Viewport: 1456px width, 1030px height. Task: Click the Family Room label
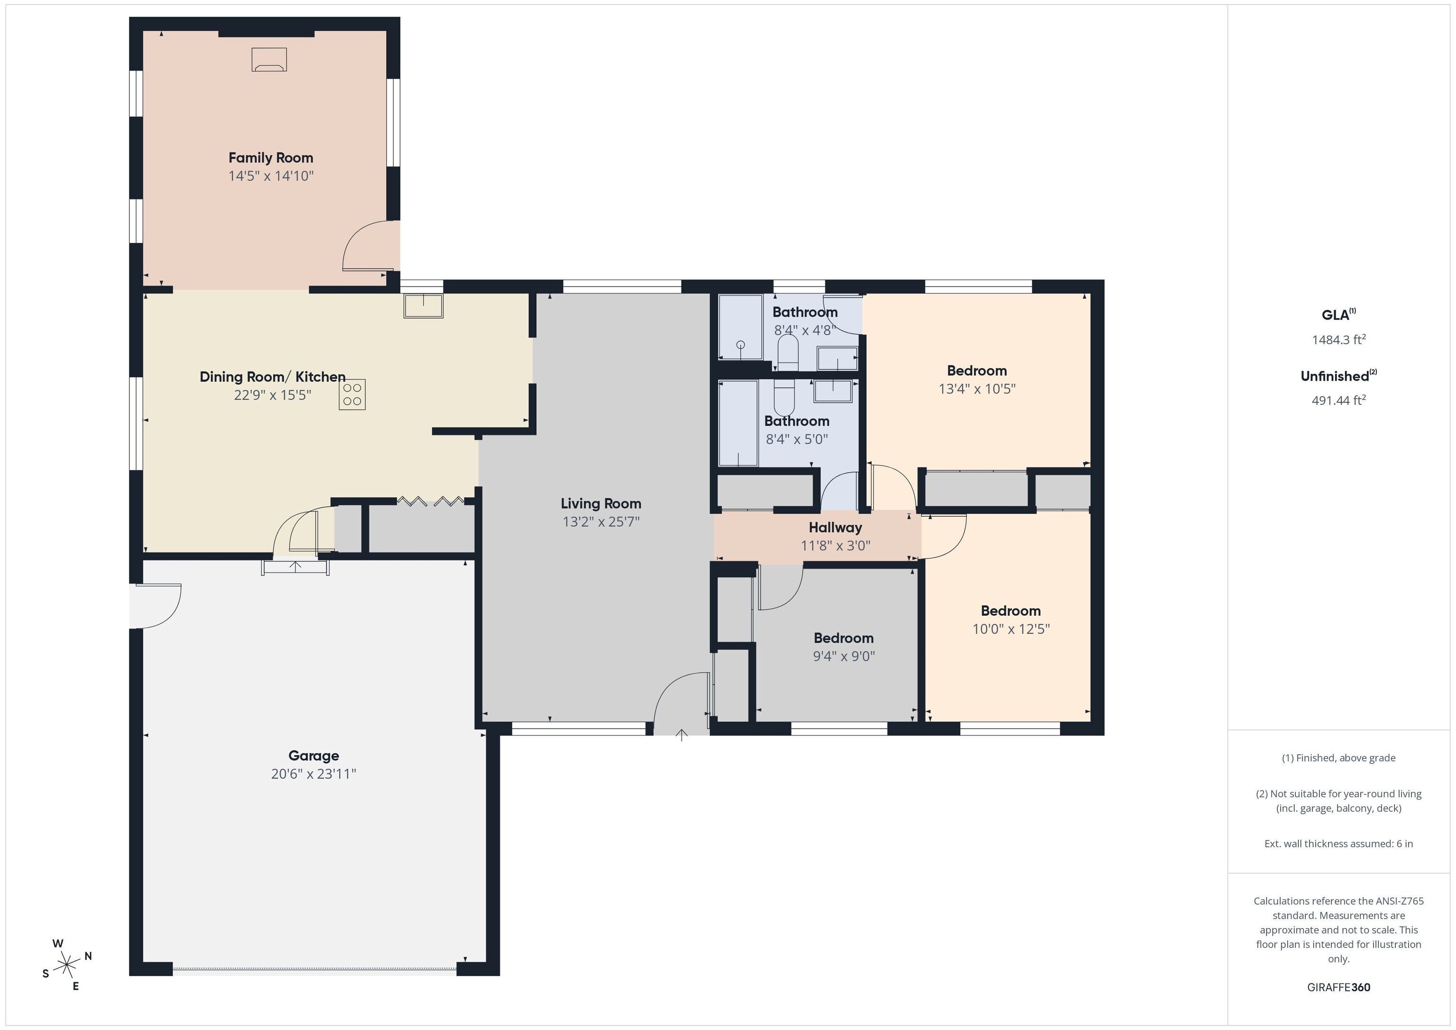tap(271, 158)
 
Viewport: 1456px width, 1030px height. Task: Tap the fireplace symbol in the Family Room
tap(269, 60)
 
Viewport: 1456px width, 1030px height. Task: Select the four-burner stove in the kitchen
tap(352, 394)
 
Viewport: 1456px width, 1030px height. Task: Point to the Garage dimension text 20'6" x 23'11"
tap(314, 774)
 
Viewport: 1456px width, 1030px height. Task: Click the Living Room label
tap(601, 503)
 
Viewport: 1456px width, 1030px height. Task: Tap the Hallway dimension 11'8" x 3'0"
tap(835, 546)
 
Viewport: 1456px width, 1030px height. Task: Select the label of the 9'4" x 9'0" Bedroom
tap(844, 638)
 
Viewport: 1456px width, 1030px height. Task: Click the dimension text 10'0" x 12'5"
tap(1011, 629)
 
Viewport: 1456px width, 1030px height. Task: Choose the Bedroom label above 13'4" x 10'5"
tap(976, 371)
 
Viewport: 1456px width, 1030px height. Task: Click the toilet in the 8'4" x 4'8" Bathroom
tap(788, 353)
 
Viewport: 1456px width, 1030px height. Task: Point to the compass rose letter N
tap(88, 956)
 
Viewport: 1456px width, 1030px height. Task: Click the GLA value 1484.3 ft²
tap(1338, 340)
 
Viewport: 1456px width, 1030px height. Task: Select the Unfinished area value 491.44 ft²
tap(1338, 400)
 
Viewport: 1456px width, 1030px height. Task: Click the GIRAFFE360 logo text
tap(1338, 987)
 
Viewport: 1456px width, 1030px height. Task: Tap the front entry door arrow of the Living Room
tap(682, 735)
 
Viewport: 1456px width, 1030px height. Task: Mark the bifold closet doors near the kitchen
tap(430, 501)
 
